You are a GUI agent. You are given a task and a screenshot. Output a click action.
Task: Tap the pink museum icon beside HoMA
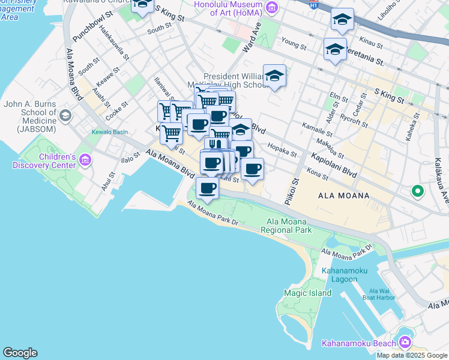tap(273, 7)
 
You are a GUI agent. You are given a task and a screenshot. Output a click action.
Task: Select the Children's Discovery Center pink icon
tap(85, 160)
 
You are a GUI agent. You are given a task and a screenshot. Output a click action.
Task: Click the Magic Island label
tap(307, 293)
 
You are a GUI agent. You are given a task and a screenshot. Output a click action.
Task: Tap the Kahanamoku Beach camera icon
tap(405, 342)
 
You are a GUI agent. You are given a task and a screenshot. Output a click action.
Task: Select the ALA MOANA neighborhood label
tap(338, 196)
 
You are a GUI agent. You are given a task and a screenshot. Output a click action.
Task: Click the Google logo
tap(20, 353)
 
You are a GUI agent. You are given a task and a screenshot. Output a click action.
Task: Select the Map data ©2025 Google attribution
tap(412, 355)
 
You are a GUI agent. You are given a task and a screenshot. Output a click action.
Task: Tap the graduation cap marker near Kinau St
tap(342, 20)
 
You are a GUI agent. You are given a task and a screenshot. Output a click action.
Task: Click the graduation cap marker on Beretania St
tap(334, 49)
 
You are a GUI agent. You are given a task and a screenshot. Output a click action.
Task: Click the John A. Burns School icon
tap(65, 115)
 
